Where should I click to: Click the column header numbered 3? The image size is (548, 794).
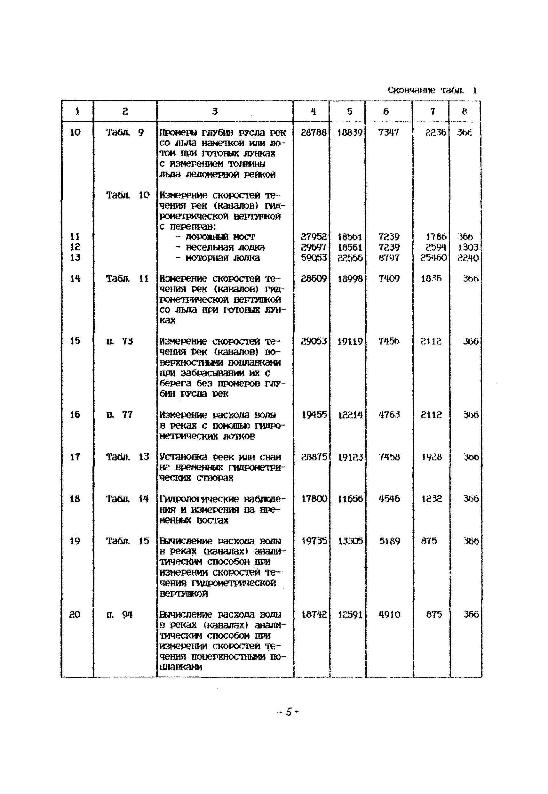[x=215, y=111]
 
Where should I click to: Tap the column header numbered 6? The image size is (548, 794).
[x=386, y=111]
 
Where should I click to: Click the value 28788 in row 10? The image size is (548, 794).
[x=314, y=133]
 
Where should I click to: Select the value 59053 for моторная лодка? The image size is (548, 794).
[x=314, y=258]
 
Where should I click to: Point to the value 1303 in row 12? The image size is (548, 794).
[x=468, y=247]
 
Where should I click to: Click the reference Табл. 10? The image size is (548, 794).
[x=128, y=195]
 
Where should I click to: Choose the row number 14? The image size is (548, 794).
[x=75, y=278]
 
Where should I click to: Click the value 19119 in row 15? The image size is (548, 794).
[x=350, y=342]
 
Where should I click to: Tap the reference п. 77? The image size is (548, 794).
[x=119, y=415]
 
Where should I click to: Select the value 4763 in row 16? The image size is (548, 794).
[x=389, y=415]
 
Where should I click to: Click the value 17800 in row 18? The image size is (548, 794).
[x=314, y=499]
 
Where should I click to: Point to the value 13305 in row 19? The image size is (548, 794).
[x=350, y=541]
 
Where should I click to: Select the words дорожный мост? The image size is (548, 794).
[x=220, y=237]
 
